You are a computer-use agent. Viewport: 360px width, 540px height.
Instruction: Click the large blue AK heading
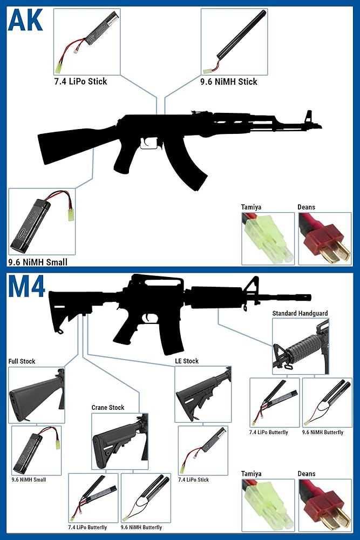point(25,20)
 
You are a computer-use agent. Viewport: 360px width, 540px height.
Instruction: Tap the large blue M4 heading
point(26,286)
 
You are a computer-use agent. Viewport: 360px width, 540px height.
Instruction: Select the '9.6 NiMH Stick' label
point(228,82)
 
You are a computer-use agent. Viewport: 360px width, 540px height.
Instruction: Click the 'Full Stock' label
point(22,361)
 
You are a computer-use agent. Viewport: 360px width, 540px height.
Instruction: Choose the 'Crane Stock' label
point(108,407)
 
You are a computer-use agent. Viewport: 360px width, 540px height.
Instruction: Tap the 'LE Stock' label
point(187,361)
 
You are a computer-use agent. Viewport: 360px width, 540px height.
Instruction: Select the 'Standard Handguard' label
point(300,313)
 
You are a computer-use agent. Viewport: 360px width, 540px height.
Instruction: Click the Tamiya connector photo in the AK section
point(268,238)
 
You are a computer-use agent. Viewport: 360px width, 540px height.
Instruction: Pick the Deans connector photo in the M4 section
point(325,505)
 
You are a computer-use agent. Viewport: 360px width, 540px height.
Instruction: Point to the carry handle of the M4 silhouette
point(157,281)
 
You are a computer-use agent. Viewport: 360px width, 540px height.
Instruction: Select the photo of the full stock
point(36,395)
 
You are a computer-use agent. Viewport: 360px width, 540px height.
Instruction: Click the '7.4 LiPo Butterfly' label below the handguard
point(268,432)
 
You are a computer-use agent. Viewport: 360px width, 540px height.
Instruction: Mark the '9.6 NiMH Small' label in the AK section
point(38,262)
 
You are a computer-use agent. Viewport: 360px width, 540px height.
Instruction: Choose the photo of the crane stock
point(120,441)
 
